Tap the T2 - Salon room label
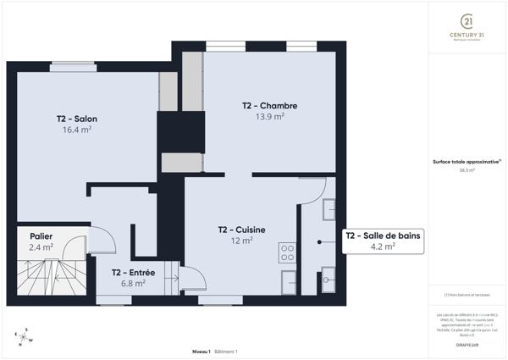click(x=77, y=119)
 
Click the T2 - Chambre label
click(x=270, y=106)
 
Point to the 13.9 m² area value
click(x=270, y=117)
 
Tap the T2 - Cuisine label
click(x=241, y=230)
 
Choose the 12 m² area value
click(x=241, y=241)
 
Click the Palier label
click(x=41, y=236)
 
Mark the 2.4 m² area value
click(x=41, y=247)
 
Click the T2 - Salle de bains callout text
click(x=383, y=235)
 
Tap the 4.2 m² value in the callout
click(x=383, y=247)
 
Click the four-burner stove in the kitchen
click(x=287, y=252)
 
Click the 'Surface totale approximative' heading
click(x=465, y=162)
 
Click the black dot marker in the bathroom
click(x=318, y=242)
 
